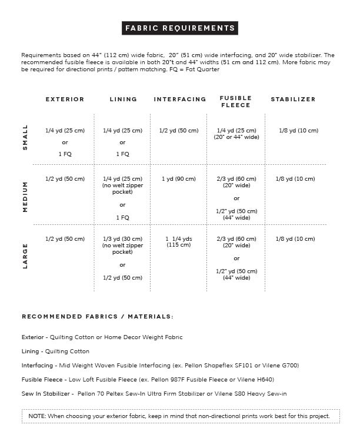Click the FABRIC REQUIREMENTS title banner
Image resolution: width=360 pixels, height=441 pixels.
coord(180,28)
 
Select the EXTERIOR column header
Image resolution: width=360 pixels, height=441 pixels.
coord(65,100)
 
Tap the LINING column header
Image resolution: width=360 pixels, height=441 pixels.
coord(123,100)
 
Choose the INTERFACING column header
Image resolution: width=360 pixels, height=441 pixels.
coord(180,100)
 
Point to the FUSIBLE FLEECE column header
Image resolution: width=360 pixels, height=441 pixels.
coord(235,102)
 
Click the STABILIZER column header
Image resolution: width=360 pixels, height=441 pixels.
coord(293,100)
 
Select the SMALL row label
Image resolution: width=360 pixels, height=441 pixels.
coord(25,137)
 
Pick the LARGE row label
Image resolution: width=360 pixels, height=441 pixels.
coord(25,256)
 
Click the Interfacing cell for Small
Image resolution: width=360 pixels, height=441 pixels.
coord(179,131)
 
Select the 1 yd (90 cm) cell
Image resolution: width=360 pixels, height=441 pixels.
coord(179,179)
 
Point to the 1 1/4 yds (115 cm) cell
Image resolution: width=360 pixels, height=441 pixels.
coord(179,241)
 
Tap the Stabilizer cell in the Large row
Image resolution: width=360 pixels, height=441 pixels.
coord(295,239)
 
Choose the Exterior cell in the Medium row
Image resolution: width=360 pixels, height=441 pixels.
coord(65,179)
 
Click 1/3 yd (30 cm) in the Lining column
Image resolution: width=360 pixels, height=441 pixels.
coord(122,239)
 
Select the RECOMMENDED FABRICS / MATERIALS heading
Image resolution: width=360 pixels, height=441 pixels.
coord(98,317)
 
